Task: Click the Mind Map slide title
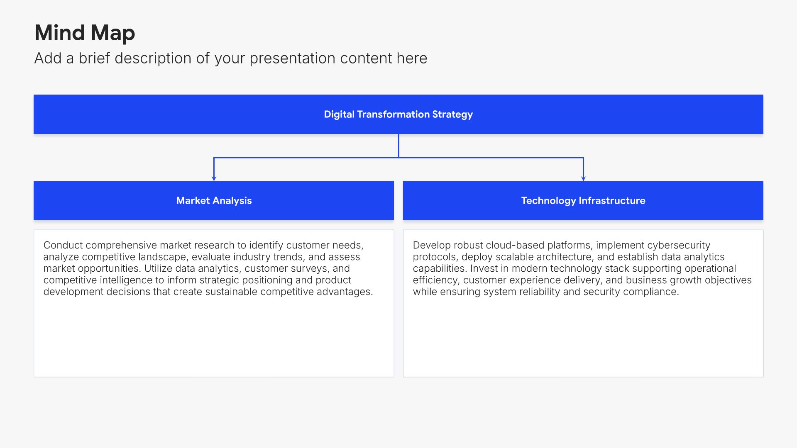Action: coord(85,33)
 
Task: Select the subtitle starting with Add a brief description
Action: coord(231,58)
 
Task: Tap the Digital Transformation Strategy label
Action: coord(398,114)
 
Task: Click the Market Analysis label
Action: coord(214,201)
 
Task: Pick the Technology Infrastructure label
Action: coord(583,201)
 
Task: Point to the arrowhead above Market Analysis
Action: coord(214,178)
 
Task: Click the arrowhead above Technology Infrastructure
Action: coord(583,178)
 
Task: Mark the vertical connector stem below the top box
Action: coord(398,146)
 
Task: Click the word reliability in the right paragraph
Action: coord(534,292)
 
